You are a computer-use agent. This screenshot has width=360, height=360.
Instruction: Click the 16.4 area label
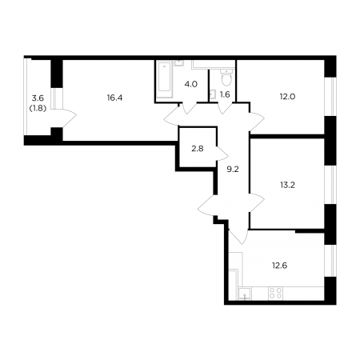[x=114, y=98]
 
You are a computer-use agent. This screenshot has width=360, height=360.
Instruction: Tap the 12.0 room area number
[x=287, y=97]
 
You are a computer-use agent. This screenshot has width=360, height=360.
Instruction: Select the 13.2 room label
[x=287, y=185]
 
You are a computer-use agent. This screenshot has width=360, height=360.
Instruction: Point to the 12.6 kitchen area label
[x=280, y=266]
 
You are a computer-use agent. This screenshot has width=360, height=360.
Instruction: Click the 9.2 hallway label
[x=233, y=169]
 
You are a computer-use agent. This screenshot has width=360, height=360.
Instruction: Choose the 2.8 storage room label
[x=198, y=149]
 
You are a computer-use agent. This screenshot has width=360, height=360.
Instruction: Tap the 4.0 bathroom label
[x=191, y=84]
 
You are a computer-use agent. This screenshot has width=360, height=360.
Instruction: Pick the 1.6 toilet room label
[x=225, y=94]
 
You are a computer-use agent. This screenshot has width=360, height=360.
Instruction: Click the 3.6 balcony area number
[x=38, y=98]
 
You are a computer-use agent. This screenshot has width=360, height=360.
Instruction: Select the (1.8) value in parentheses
[x=38, y=108]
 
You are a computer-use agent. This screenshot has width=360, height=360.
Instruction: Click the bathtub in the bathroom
[x=164, y=79]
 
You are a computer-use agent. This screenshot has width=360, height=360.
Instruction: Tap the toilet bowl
[x=226, y=78]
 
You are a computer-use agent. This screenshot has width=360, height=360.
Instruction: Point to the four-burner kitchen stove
[x=275, y=293]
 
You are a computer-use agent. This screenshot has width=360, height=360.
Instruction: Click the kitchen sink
[x=245, y=294]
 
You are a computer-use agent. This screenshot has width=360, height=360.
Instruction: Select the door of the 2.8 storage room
[x=222, y=153]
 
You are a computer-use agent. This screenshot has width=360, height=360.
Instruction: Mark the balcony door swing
[x=70, y=118]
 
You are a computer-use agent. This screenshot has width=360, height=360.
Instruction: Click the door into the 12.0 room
[x=257, y=122]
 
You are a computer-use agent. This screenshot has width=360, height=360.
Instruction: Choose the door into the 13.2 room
[x=257, y=203]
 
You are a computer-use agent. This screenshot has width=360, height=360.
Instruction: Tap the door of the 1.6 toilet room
[x=225, y=108]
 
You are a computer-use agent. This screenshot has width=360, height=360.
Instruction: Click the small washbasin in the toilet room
[x=213, y=94]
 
